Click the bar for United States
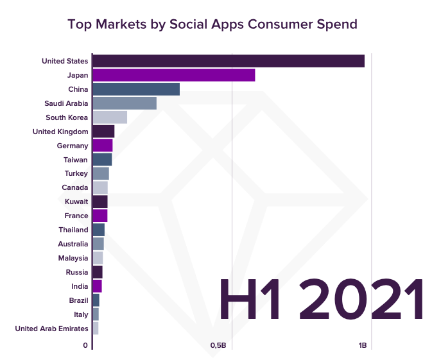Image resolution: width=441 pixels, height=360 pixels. (229, 61)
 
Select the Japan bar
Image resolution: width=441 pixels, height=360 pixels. (173, 75)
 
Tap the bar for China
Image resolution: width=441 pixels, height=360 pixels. (136, 89)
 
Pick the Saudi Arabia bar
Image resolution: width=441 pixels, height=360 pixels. (125, 103)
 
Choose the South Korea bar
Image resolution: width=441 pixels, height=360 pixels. (110, 117)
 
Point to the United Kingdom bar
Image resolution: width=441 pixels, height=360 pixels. (103, 132)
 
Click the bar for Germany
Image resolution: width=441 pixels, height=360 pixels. (103, 146)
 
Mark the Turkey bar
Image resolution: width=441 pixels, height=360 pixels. (101, 173)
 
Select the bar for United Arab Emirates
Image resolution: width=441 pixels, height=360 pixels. (96, 329)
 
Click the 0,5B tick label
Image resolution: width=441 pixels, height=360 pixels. (218, 346)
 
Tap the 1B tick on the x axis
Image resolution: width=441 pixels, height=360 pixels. (363, 346)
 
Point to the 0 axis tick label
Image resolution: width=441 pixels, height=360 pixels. (85, 346)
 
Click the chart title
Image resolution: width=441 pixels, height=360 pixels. (212, 24)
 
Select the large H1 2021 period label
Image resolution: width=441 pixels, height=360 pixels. (321, 300)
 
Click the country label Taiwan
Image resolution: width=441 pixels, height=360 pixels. (76, 160)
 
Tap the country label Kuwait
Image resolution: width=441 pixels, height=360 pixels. (76, 201)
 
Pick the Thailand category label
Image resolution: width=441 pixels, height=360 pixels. (73, 230)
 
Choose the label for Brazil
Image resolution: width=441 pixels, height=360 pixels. (78, 300)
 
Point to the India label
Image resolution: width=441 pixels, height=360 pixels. (80, 286)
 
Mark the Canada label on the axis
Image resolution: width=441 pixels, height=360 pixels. (75, 187)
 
